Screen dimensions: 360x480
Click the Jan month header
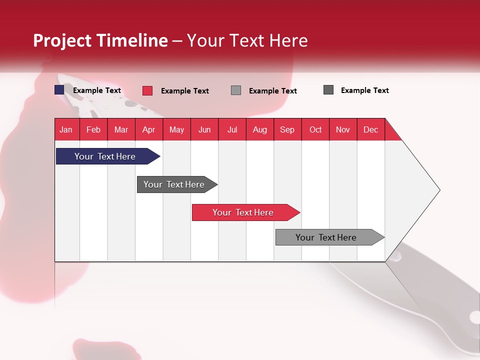(x=66, y=130)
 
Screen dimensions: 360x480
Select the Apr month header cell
(x=149, y=130)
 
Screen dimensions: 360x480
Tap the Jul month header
(x=232, y=130)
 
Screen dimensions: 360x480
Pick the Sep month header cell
(x=287, y=130)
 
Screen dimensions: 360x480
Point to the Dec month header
(x=370, y=130)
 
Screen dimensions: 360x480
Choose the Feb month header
(x=93, y=130)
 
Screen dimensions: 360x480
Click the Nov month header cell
(x=343, y=130)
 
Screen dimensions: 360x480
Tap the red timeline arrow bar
(x=244, y=212)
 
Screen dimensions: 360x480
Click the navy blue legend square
(x=59, y=90)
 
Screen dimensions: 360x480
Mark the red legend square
(x=147, y=90)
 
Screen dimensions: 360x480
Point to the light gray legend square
(x=236, y=90)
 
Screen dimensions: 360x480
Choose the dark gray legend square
(x=328, y=90)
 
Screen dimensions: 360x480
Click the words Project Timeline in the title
(x=100, y=40)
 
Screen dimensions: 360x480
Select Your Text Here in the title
(x=247, y=40)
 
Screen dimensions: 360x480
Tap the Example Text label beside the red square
(x=184, y=91)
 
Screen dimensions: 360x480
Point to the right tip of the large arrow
(x=438, y=190)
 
